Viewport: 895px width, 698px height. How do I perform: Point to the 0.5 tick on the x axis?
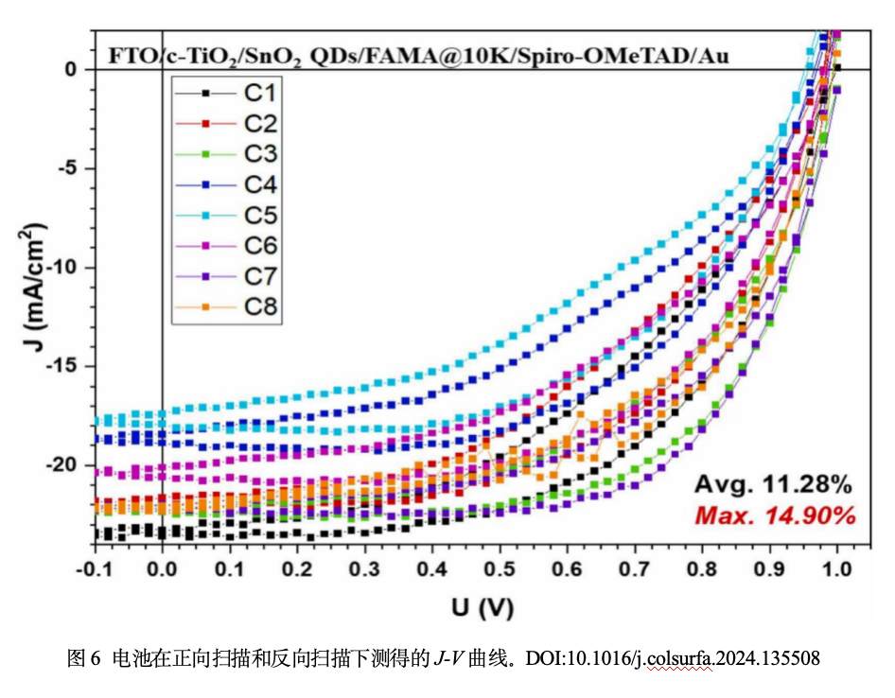(500, 570)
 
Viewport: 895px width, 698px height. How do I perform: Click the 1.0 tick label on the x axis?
(837, 570)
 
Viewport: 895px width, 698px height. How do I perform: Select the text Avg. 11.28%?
(774, 485)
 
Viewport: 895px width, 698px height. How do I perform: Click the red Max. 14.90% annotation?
(774, 516)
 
